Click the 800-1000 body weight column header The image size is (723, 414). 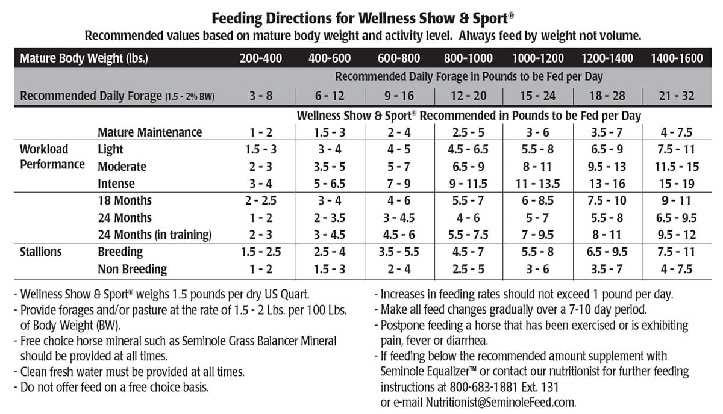tap(468, 58)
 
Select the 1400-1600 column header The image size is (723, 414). tap(677, 58)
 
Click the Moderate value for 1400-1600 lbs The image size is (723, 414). tap(677, 166)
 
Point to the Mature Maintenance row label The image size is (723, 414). tap(150, 132)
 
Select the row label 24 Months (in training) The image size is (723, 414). tap(154, 235)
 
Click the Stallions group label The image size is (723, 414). tap(40, 252)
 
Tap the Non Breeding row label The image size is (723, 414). tap(133, 269)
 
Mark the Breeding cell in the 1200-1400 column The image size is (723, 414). tap(607, 252)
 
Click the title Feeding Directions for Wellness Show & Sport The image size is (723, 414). tap(360, 17)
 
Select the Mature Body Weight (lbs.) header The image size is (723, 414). tap(84, 58)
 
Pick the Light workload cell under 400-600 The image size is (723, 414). tap(328, 149)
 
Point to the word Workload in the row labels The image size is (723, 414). tap(44, 149)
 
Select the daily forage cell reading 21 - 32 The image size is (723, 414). tap(677, 96)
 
